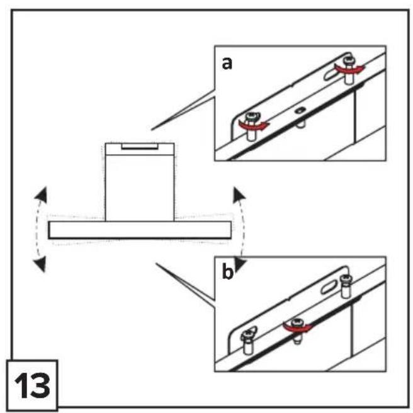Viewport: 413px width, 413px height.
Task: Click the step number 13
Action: pos(32,386)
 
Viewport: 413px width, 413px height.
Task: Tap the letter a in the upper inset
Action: pos(227,64)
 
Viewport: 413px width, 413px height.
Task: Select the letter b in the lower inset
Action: pos(227,271)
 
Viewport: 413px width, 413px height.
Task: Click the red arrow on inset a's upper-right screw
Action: pos(350,69)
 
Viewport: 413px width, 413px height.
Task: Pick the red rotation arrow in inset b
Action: pos(297,327)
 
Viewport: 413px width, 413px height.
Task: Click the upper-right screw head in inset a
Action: pos(348,60)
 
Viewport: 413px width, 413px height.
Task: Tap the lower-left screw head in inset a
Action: pos(251,116)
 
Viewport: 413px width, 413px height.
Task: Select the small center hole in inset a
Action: pos(299,110)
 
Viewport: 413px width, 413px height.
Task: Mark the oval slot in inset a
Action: pos(332,74)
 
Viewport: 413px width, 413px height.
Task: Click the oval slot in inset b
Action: pos(330,286)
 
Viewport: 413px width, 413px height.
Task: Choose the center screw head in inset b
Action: pos(297,322)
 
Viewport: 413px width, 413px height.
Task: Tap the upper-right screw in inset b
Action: pos(346,286)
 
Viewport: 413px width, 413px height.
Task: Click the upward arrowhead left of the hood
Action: pos(41,195)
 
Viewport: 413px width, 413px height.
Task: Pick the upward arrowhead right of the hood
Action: pos(239,195)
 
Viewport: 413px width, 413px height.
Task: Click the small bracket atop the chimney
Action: pos(140,146)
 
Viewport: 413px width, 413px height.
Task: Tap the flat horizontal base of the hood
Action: pos(140,230)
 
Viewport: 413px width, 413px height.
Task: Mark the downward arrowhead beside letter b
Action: pos(240,264)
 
